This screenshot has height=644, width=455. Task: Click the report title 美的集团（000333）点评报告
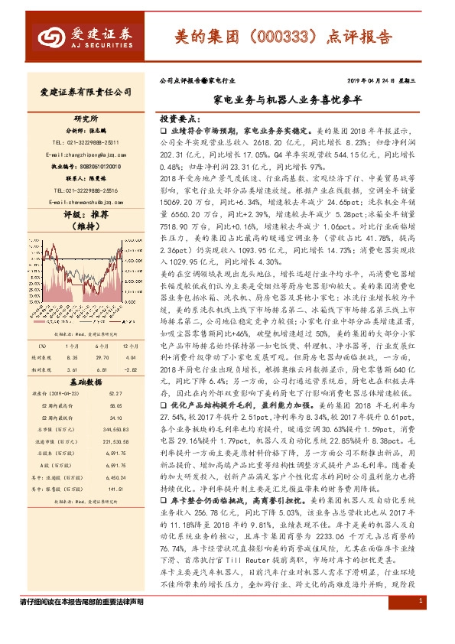(282, 36)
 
